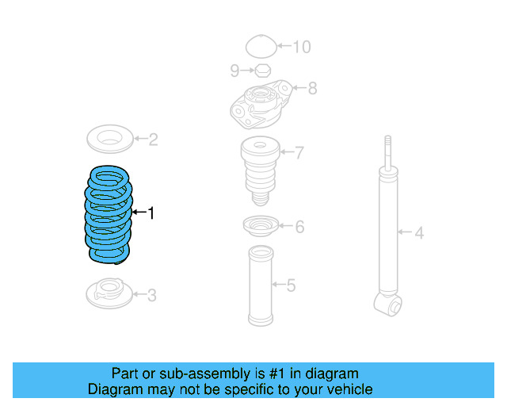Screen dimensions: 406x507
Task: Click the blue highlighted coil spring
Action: (109, 213)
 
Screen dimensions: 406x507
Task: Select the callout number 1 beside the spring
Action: (151, 213)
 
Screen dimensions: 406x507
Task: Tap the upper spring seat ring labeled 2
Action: (109, 139)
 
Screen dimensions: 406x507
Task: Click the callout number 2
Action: (153, 140)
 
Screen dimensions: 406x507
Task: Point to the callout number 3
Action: (151, 296)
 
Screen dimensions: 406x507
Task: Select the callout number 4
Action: (420, 233)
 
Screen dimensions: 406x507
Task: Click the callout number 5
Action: (291, 285)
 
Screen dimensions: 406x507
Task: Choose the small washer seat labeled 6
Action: (260, 226)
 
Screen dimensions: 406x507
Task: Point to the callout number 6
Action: (299, 228)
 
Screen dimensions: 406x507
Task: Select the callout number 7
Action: (299, 152)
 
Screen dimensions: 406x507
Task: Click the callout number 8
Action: (312, 88)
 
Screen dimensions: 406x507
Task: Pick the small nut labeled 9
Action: (263, 71)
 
